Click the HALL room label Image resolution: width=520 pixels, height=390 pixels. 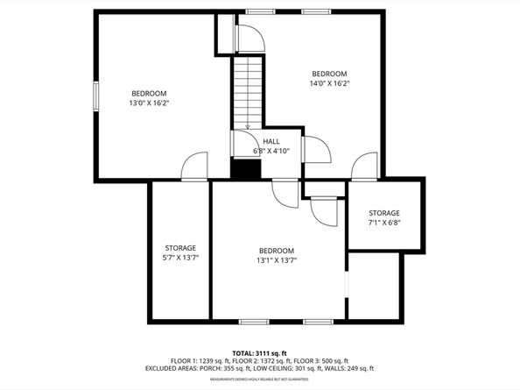271,140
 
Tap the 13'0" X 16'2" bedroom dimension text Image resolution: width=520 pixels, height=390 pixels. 150,103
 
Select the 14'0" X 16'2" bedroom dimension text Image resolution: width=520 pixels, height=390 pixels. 330,83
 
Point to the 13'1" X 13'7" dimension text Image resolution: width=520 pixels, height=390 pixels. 277,260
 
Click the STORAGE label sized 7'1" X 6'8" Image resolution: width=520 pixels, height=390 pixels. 383,213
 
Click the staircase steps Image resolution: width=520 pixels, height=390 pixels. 247,92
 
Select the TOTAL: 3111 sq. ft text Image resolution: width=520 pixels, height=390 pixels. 260,351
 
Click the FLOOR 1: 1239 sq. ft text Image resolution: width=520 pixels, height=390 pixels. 196,360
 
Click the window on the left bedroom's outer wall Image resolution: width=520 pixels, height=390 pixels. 96,96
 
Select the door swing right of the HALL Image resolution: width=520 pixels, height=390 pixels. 315,150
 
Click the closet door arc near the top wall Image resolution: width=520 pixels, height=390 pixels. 249,36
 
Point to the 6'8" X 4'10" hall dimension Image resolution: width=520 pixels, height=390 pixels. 271,151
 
